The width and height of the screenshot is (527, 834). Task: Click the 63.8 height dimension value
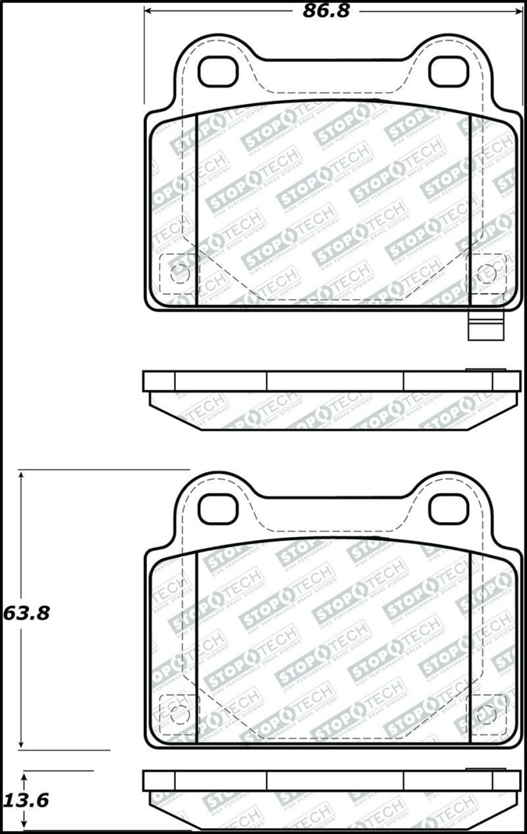click(26, 613)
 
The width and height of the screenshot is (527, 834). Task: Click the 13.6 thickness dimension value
click(26, 800)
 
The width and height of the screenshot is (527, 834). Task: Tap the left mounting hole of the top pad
click(217, 72)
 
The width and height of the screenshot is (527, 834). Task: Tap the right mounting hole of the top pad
click(449, 72)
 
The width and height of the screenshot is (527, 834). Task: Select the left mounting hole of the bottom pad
click(217, 509)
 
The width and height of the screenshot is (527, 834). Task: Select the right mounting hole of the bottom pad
click(449, 509)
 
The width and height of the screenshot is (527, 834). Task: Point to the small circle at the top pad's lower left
click(179, 274)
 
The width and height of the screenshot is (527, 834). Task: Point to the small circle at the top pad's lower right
click(487, 274)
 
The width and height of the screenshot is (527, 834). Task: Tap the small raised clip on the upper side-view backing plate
click(485, 370)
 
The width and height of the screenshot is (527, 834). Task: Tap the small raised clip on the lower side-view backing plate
click(485, 769)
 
